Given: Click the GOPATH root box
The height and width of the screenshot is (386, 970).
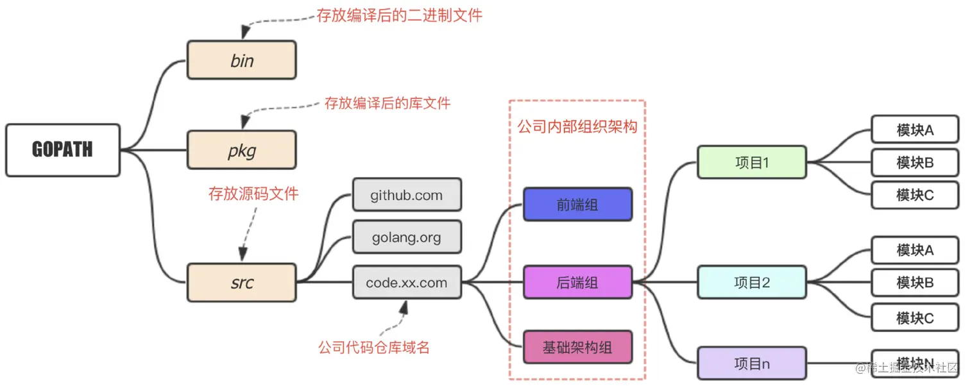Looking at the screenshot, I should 63,150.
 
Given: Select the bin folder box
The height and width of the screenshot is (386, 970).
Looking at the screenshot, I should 242,60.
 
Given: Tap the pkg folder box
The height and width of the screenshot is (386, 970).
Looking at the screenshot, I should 242,150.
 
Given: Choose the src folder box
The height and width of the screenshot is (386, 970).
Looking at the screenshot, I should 242,282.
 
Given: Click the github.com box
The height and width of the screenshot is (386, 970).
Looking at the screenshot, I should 407,195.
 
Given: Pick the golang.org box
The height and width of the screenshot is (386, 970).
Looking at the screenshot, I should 407,237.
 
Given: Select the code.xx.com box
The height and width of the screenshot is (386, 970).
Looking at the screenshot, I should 407,282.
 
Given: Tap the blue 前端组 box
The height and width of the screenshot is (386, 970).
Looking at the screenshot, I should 577,205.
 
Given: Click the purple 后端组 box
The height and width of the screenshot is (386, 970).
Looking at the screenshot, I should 577,282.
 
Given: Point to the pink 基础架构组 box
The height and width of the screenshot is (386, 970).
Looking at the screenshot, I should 577,348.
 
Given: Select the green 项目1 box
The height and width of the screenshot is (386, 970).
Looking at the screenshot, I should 752,162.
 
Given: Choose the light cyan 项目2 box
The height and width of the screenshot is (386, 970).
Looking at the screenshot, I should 752,282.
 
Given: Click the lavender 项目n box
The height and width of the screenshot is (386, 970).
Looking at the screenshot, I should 752,364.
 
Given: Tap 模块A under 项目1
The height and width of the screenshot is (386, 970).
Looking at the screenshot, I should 914,130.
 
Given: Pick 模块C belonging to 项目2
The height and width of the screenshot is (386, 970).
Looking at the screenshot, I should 914,318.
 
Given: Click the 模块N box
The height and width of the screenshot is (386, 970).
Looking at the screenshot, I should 914,364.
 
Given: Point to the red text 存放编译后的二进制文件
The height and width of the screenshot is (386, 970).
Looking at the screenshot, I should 399,15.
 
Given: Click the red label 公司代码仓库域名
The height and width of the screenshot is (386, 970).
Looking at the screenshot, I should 373,348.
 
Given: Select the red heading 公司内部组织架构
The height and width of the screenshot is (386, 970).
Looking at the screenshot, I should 577,126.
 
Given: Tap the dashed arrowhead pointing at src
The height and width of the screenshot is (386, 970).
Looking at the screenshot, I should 242,254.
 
